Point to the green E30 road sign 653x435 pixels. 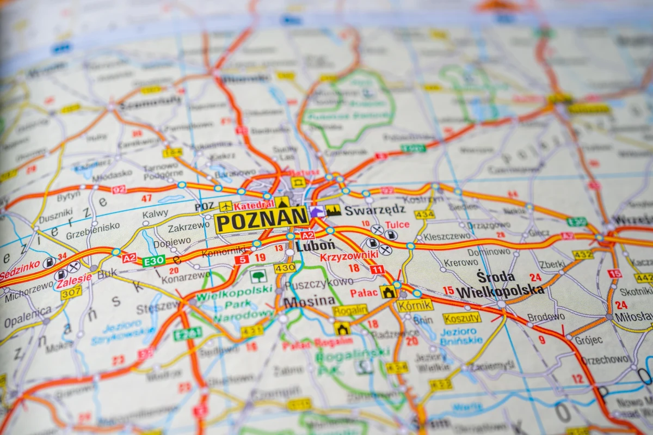[x=154, y=260]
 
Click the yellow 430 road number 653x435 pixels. [x=285, y=268]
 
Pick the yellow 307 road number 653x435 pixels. [x=71, y=293]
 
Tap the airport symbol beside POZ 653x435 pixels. [x=225, y=206]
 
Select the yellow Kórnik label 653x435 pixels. [x=415, y=305]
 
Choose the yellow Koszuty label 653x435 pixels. [x=462, y=318]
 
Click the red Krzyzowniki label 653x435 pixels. [x=349, y=255]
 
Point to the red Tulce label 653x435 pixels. [x=397, y=224]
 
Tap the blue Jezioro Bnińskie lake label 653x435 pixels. [x=461, y=336]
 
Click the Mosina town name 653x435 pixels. [x=309, y=301]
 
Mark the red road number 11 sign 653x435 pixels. [x=377, y=269]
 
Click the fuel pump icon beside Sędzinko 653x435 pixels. [x=49, y=263]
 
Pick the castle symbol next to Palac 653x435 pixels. [x=387, y=292]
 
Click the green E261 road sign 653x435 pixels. [x=188, y=333]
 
